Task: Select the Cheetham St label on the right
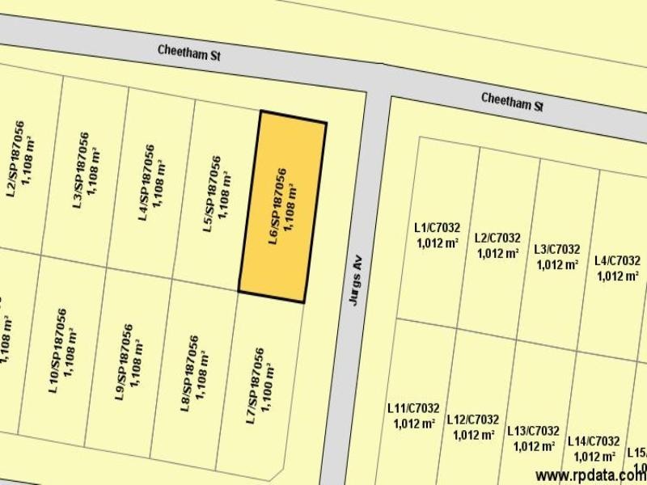pos(512,102)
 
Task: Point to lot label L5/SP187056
pos(210,194)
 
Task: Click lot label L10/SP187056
pos(57,349)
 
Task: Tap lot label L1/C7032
pos(437,229)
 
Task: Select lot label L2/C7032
pos(497,238)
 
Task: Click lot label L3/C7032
pos(557,250)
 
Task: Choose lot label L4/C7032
pos(617,260)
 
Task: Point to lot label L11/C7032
pos(413,408)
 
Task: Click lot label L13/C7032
pos(533,431)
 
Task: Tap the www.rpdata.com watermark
pos(590,474)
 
